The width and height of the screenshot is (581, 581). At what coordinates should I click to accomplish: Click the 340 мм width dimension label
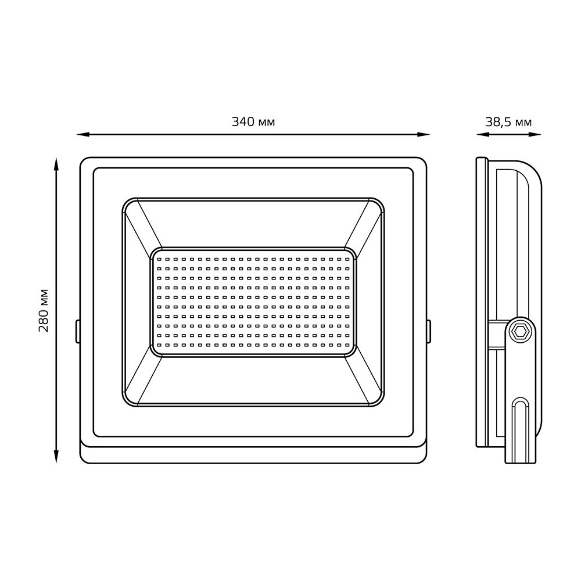tap(253, 122)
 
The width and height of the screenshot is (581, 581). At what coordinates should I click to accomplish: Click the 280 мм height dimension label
tap(44, 310)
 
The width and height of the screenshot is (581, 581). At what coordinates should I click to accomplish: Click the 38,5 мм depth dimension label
tap(508, 122)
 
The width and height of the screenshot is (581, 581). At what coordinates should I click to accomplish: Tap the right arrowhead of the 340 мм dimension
tap(424, 135)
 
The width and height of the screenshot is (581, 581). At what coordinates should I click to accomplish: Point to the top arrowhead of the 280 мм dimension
tap(56, 164)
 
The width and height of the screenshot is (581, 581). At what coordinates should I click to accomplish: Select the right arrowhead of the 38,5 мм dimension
tap(536, 135)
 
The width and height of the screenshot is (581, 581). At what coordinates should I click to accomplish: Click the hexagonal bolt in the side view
tap(520, 332)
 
